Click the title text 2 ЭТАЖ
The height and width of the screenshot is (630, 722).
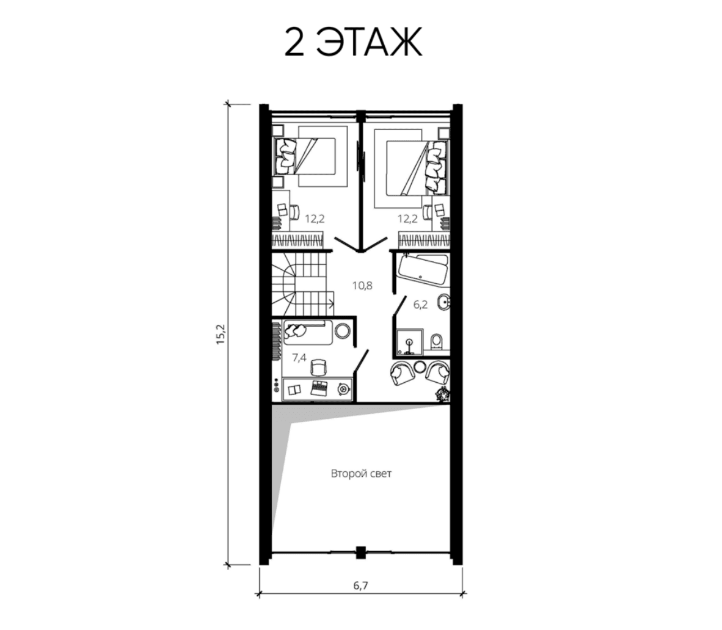coord(353,42)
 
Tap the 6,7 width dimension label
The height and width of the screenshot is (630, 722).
coord(360,585)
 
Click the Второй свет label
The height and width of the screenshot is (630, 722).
coord(361,474)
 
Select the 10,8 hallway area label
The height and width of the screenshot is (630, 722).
coord(362,285)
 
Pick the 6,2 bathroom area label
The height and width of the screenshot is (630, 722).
coord(420,304)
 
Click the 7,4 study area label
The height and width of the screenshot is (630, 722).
coord(299,357)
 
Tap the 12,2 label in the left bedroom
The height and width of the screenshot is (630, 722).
coord(315,219)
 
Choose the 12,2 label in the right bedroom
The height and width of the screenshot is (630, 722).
coord(407,219)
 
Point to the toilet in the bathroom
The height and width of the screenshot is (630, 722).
coord(436,342)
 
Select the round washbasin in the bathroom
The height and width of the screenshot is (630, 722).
coord(444,302)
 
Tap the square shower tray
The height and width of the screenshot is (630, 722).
coord(409,341)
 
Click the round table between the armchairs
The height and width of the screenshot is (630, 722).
coord(420,367)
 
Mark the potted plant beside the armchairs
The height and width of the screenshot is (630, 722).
coord(443,394)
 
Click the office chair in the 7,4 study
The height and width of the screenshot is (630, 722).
coord(319,367)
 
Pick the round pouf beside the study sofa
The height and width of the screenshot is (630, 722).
coord(342,331)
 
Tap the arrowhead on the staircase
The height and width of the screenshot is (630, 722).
coord(332,303)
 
